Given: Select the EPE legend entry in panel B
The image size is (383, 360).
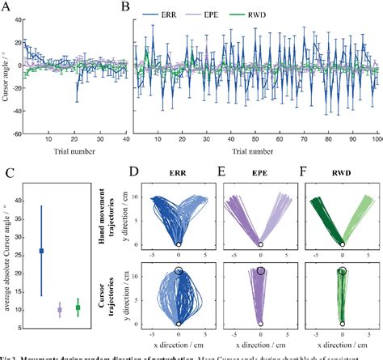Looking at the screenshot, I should click(252, 15).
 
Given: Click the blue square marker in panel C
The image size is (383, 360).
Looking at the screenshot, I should click(42, 251).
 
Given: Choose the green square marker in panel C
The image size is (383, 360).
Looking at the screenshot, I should click(78, 307).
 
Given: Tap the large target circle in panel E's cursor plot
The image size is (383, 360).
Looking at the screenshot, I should click(261, 272).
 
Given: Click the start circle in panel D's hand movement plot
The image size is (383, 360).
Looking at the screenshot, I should click(178, 244).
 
